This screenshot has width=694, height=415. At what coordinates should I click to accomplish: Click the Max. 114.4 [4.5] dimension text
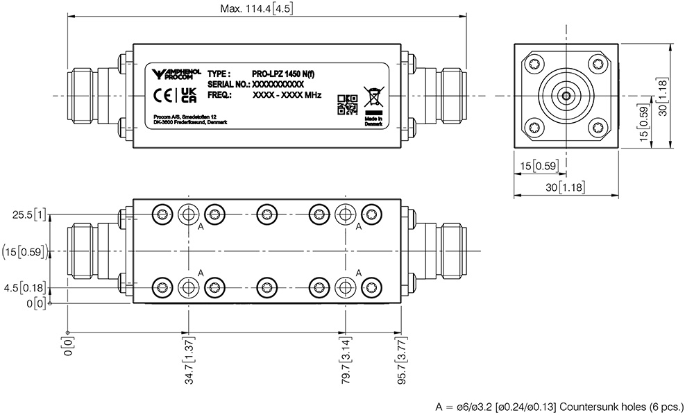pos(266,9)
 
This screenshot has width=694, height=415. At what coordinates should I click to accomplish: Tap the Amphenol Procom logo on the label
pos(176,74)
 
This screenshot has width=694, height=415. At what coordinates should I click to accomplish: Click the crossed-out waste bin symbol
pos(372,96)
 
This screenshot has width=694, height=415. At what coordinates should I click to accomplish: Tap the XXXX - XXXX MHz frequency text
pos(287,94)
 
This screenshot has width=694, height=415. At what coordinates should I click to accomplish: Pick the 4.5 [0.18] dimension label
pos(28,287)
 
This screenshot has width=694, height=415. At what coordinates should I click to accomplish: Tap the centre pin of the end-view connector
pos(566,96)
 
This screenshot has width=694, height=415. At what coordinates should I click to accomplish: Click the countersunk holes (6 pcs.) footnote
pos(559,405)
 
